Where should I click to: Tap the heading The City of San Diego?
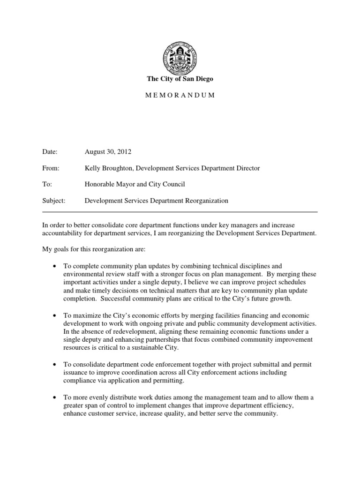coord(180,79)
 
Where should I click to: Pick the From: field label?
coord(50,168)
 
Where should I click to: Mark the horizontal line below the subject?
coord(180,211)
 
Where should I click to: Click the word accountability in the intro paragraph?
coord(62,233)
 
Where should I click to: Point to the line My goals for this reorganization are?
coord(96,249)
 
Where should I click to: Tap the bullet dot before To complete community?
coord(56,266)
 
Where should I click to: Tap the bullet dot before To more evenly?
coord(56,397)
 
